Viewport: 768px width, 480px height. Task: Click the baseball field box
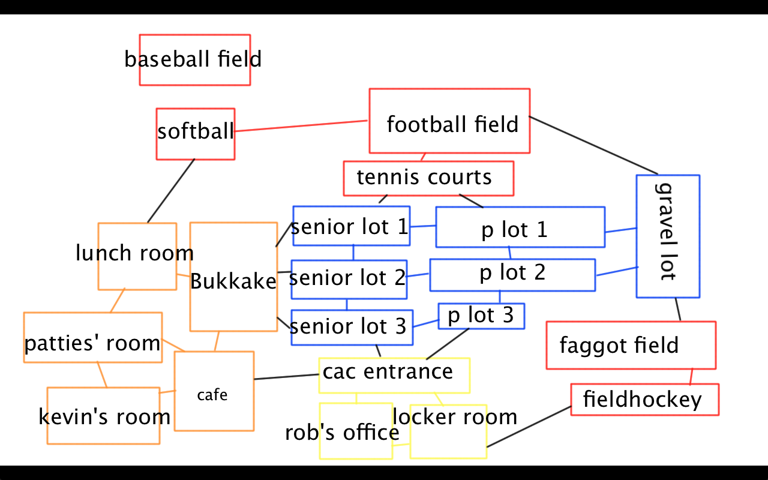coord(194,59)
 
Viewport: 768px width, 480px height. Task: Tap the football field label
coord(452,124)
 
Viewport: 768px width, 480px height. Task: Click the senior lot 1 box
coord(351,226)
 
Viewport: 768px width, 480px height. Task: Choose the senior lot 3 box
coord(352,327)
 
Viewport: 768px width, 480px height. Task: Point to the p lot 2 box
coord(512,274)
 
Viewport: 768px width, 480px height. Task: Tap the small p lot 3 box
coord(481,316)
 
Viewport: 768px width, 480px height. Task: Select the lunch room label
coord(134,253)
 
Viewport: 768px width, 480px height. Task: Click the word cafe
coord(212,395)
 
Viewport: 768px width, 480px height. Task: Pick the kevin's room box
coord(103,416)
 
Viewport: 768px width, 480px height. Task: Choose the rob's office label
coord(342,432)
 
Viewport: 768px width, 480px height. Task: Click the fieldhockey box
coord(644,400)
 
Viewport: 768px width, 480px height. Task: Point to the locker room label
coord(455,416)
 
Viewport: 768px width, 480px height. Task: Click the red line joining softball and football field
coord(300,126)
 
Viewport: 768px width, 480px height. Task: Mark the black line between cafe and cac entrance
coord(286,377)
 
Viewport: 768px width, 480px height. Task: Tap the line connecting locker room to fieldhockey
coord(528,427)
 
